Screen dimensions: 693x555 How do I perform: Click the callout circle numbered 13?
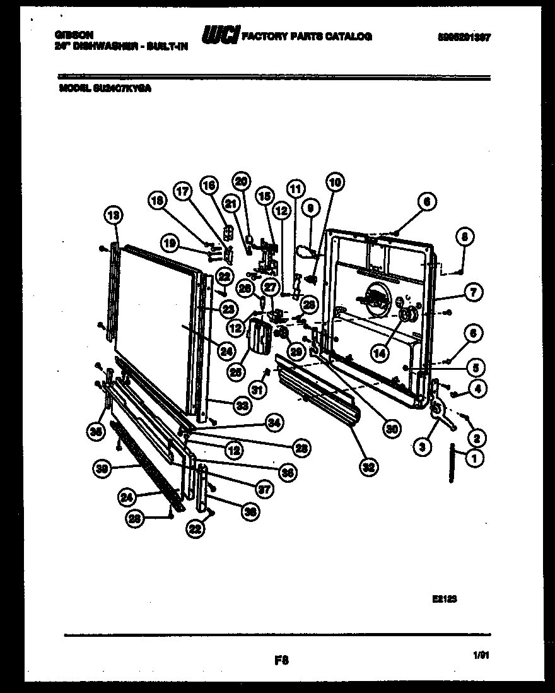(114, 216)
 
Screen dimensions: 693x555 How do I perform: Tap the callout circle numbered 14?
(378, 354)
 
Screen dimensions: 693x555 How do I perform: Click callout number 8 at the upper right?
(464, 238)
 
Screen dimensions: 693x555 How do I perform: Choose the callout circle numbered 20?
(240, 181)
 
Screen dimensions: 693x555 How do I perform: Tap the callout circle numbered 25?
(237, 373)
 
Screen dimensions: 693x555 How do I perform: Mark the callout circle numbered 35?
(95, 432)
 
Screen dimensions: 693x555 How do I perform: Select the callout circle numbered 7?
(474, 292)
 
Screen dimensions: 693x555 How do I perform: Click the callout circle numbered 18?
(158, 201)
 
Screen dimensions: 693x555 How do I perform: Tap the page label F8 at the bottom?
(281, 661)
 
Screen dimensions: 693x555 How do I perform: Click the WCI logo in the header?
(220, 37)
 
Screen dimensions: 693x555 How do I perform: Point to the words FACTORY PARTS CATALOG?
(307, 36)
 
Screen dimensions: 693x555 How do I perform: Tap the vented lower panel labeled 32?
(318, 394)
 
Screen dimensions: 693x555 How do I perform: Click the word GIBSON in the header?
(71, 36)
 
